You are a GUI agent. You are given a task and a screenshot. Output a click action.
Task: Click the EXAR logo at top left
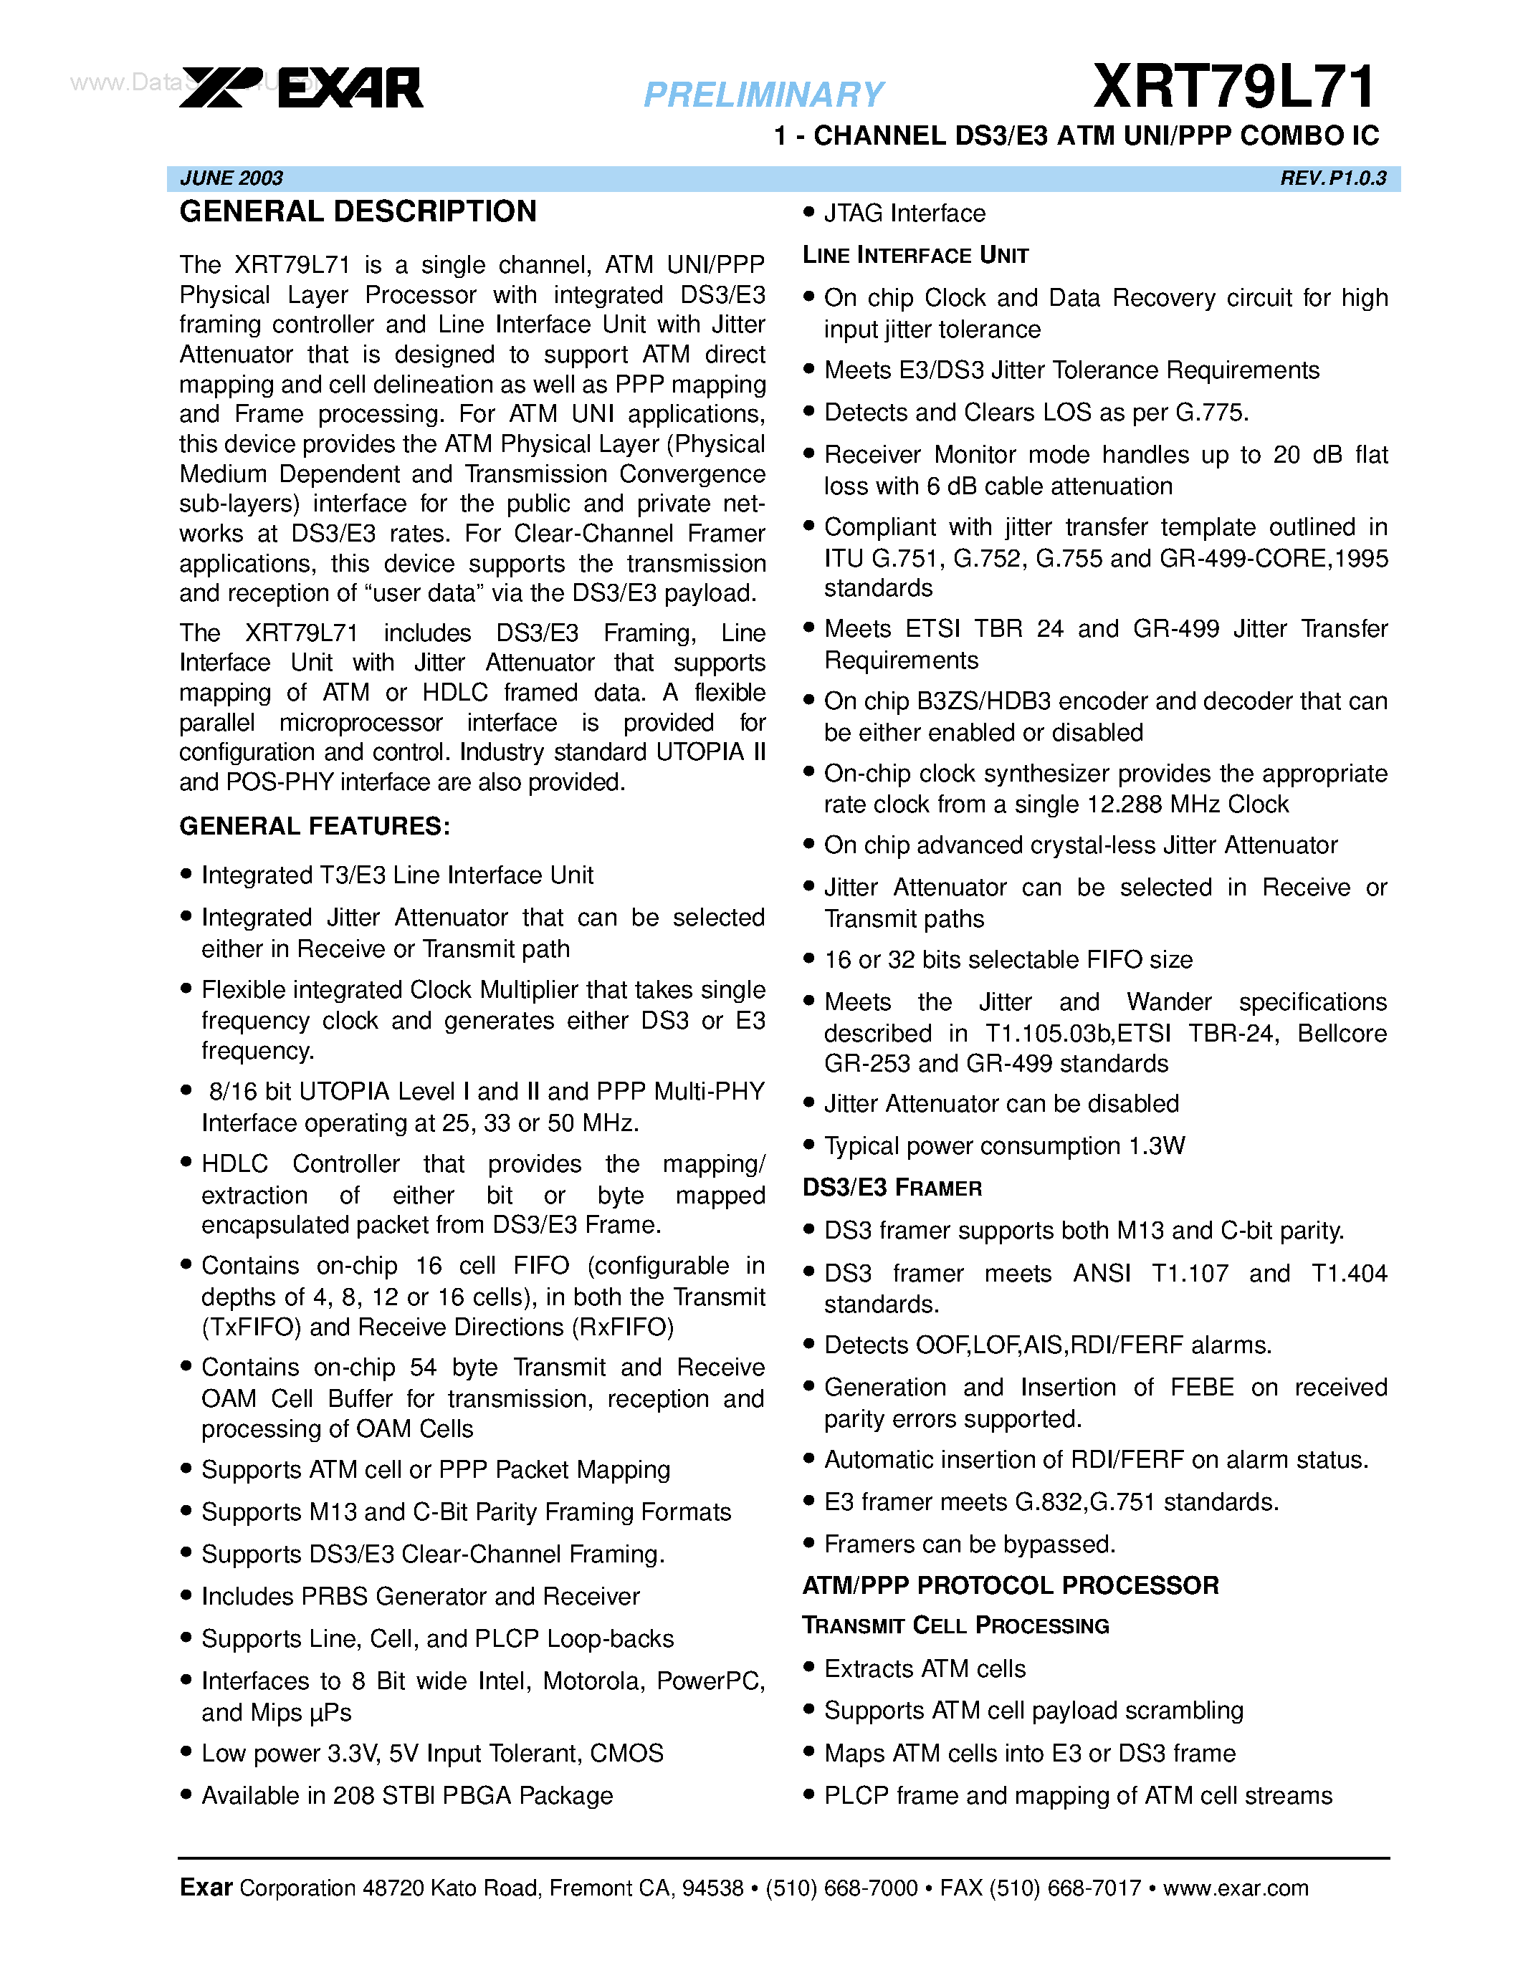301,88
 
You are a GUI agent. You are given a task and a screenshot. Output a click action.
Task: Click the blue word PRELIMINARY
763,95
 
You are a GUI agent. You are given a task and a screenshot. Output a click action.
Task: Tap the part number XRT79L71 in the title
1233,87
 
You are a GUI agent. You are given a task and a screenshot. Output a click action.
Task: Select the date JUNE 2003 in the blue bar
232,178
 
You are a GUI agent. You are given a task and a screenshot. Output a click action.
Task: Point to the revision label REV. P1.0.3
1332,178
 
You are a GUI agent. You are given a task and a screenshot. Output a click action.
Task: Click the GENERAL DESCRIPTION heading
358,212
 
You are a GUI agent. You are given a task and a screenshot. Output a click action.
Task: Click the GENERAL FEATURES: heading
315,826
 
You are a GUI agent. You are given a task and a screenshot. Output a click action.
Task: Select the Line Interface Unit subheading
915,256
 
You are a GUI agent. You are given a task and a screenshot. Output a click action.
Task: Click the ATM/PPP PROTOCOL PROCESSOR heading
1011,1586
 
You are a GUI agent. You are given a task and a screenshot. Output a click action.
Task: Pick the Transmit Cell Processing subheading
955,1625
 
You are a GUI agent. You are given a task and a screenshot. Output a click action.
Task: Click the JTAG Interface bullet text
904,213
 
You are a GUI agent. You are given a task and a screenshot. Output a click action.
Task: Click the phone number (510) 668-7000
841,1888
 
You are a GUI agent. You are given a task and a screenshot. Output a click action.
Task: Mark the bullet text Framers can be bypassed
970,1544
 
